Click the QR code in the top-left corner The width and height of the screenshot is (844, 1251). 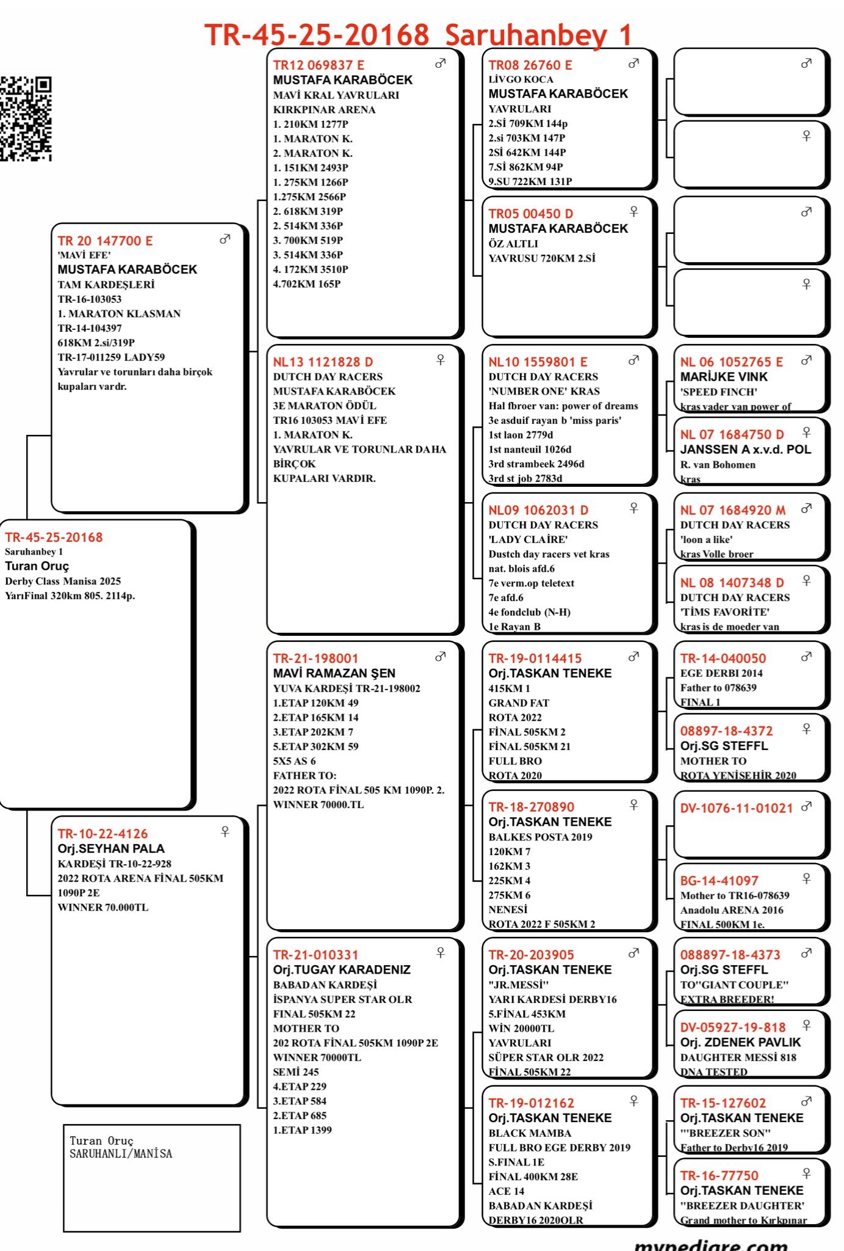[x=26, y=119]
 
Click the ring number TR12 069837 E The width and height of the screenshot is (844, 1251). [x=319, y=65]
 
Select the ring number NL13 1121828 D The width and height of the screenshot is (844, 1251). [x=323, y=362]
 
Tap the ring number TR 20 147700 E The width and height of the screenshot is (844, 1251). [x=105, y=241]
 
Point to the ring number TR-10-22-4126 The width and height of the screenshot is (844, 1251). [x=103, y=834]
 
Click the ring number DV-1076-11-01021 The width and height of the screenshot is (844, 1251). [x=736, y=808]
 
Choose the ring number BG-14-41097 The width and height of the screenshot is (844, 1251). [x=719, y=881]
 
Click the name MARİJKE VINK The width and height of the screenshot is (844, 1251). [x=724, y=377]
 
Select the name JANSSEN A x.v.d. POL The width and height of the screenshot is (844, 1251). [x=745, y=450]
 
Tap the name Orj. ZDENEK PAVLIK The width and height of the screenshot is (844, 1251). [x=740, y=1043]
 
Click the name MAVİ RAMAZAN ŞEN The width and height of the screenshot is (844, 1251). [x=334, y=673]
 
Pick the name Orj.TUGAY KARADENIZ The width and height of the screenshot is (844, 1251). [x=341, y=970]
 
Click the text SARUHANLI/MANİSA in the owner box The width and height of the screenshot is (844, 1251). [x=121, y=1154]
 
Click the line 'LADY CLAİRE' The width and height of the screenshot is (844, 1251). [x=528, y=539]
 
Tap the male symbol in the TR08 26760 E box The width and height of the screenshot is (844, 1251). [x=633, y=63]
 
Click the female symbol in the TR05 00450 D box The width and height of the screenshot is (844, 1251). [x=633, y=211]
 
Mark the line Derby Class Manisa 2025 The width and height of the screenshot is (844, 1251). [x=63, y=582]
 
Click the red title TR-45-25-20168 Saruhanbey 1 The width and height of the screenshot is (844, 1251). [x=418, y=35]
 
